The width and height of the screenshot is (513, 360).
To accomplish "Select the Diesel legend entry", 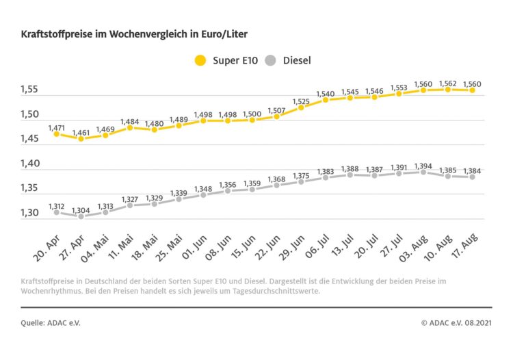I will tap(288, 60).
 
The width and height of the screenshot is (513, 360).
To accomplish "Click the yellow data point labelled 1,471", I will tap(56, 134).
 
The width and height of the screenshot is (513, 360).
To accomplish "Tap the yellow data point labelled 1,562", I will tap(448, 89).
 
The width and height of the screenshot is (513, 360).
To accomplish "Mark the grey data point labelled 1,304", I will tap(81, 216).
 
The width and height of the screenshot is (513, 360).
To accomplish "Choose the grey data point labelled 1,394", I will tap(423, 172).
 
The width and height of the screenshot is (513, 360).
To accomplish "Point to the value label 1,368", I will tap(276, 179).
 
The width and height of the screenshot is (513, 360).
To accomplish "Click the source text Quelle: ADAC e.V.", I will tap(51, 322).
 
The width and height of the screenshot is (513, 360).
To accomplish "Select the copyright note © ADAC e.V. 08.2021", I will tap(456, 322).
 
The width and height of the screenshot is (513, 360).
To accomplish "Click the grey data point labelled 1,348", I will tap(203, 195).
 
